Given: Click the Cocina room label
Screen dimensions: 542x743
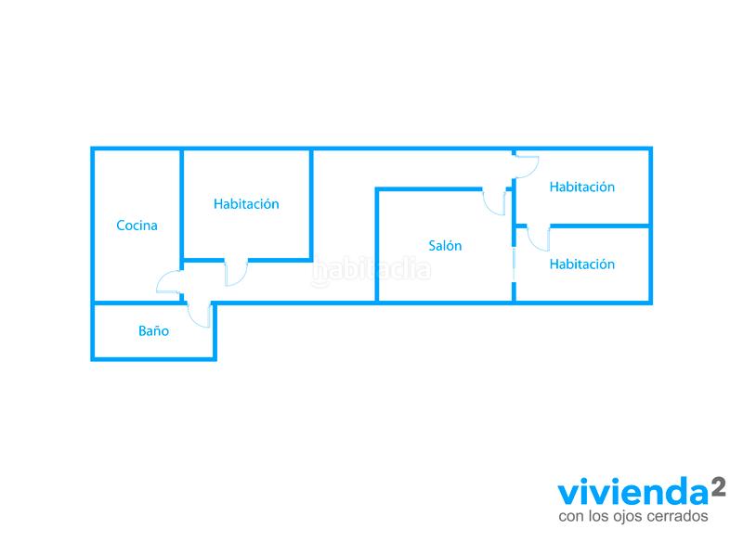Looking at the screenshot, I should [x=137, y=226].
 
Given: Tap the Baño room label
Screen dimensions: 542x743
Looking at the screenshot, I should [x=153, y=329].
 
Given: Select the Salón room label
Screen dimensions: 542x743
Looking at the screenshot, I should [x=445, y=246].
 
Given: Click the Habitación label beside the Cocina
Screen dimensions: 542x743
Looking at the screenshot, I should [x=246, y=204].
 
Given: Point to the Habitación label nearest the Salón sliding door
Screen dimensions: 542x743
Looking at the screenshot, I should [x=581, y=265].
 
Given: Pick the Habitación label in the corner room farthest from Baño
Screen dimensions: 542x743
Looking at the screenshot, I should [x=581, y=187].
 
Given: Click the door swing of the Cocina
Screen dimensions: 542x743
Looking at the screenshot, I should [x=170, y=282].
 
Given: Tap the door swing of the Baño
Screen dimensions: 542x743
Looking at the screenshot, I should [x=201, y=314].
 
